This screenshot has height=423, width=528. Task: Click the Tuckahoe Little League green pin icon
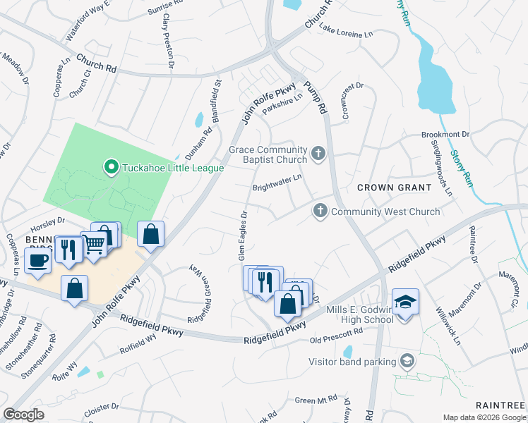point(111,168)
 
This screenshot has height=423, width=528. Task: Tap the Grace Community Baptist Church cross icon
point(318,153)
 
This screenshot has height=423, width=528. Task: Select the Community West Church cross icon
point(320,210)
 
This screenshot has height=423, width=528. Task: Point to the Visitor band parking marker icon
point(407,362)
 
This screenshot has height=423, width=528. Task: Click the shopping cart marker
point(94,244)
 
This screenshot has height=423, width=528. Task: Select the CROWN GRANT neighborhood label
point(394,188)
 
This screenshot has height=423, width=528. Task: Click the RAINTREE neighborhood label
point(500,405)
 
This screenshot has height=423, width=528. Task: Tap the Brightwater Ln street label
point(277,183)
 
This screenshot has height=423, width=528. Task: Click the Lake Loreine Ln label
point(345,32)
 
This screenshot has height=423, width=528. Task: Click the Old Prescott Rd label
point(336,335)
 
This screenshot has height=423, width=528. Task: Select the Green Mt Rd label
point(316,400)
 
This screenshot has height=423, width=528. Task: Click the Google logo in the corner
point(23,415)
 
